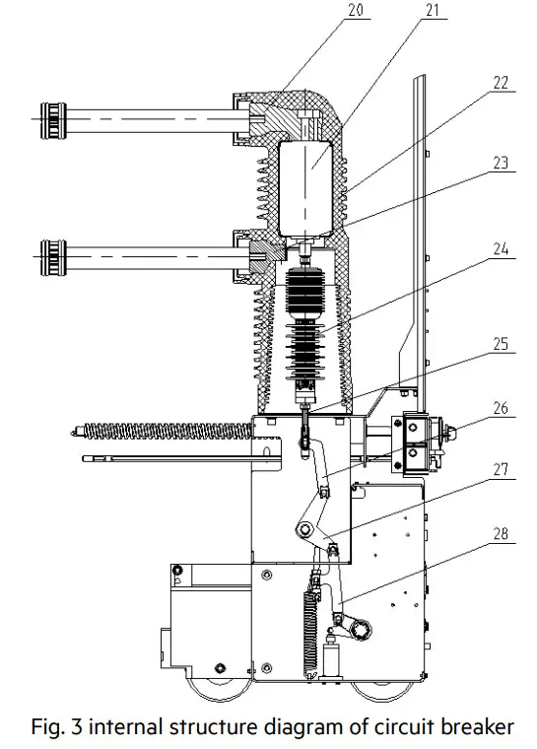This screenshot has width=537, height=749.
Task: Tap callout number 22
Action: pyautogui.click(x=501, y=85)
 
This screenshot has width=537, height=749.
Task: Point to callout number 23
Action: pyautogui.click(x=501, y=163)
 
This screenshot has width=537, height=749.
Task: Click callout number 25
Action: pyautogui.click(x=501, y=346)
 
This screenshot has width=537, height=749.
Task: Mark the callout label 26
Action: pyautogui.click(x=501, y=406)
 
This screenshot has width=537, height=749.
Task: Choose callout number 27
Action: pyautogui.click(x=501, y=472)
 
